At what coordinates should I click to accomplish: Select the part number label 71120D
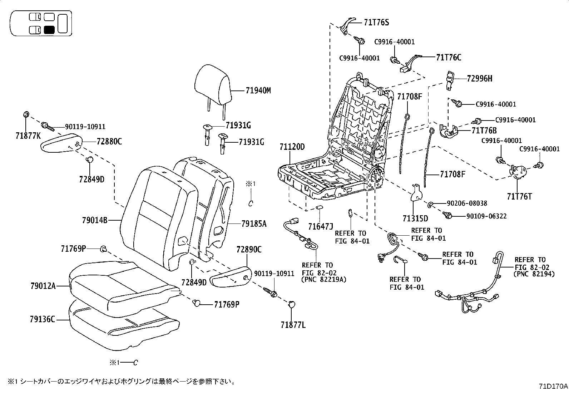(292, 147)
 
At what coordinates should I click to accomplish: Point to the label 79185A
(254, 224)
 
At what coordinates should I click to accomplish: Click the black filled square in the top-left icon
(49, 30)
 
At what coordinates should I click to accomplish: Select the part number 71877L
(293, 325)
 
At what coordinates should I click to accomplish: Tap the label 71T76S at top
(376, 23)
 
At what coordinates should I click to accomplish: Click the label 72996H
(479, 78)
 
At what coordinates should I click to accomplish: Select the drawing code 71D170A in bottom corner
(553, 387)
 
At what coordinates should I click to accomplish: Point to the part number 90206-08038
(467, 203)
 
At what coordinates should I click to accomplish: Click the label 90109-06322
(486, 216)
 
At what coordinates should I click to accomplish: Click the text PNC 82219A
(324, 279)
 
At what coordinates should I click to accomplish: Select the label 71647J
(321, 226)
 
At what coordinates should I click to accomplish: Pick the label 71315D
(415, 218)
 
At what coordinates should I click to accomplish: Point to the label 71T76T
(519, 196)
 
